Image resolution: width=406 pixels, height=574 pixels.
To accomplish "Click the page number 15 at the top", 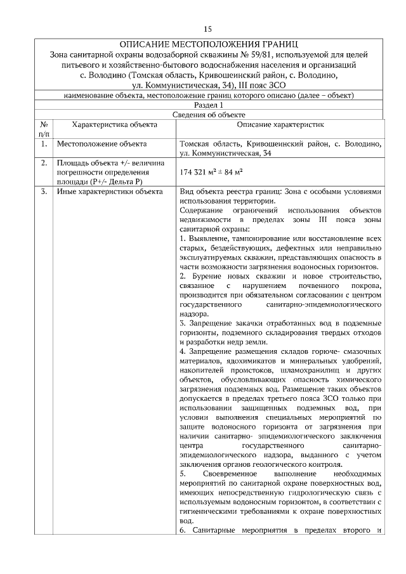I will [x=207, y=29].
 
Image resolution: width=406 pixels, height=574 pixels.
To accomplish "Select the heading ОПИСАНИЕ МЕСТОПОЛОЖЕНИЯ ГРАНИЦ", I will [x=208, y=45].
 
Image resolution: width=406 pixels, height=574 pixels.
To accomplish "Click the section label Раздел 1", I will [x=209, y=105].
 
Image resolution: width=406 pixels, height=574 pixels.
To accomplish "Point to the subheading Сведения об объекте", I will [x=209, y=114].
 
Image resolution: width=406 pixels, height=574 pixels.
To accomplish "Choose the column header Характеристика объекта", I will [x=109, y=126].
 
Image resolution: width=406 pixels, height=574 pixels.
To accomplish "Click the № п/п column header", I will [x=44, y=130].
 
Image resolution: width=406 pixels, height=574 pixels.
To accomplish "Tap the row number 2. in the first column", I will [x=44, y=163].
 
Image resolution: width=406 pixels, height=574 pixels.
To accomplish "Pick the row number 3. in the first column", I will [x=44, y=192].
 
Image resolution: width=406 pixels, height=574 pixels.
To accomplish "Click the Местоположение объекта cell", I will [x=102, y=145].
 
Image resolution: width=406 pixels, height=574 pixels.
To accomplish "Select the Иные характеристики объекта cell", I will [x=109, y=192].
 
